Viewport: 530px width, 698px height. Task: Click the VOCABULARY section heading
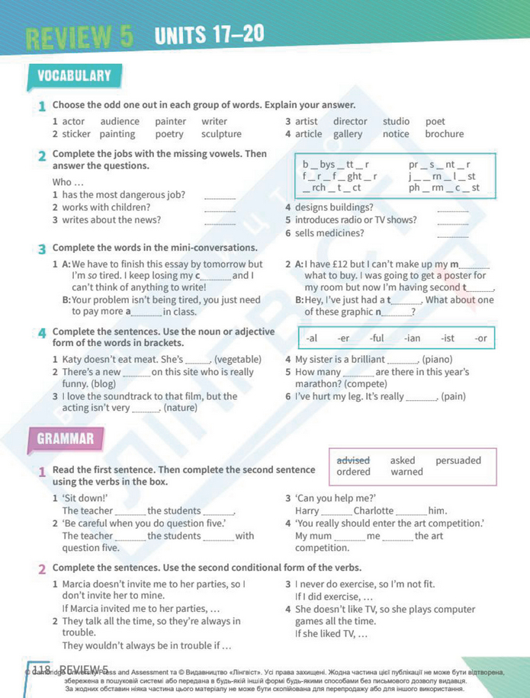[74, 75]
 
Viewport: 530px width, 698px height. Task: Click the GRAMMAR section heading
[66, 438]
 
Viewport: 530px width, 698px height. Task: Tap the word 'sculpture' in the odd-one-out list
[222, 134]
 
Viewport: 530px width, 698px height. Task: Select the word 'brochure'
[444, 134]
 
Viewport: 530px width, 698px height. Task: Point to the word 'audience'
[120, 121]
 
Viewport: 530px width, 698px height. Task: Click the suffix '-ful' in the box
[377, 338]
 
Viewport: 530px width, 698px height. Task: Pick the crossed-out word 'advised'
[353, 460]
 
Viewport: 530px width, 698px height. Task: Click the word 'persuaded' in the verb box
[458, 460]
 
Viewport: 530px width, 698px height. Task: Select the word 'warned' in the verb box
[406, 472]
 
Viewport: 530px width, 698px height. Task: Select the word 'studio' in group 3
[396, 121]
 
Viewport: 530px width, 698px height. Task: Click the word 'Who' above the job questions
[62, 182]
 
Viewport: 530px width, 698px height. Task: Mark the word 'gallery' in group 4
[348, 134]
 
